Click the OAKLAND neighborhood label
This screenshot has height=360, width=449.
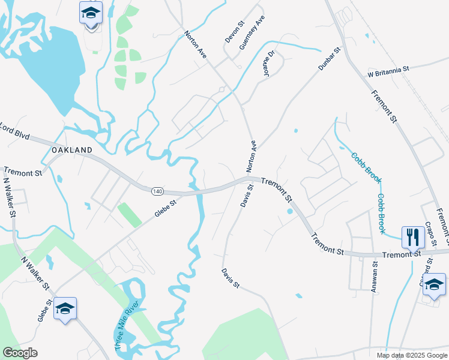click(72, 150)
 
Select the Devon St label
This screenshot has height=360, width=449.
click(235, 33)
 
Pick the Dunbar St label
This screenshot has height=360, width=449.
click(330, 61)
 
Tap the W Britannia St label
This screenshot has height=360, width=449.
click(388, 70)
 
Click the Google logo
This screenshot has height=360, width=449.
click(20, 353)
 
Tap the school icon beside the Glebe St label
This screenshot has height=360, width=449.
click(65, 308)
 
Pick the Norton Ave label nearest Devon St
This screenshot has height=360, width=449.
click(196, 44)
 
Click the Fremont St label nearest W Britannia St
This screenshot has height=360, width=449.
click(384, 106)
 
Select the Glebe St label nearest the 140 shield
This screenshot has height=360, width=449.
click(167, 210)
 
